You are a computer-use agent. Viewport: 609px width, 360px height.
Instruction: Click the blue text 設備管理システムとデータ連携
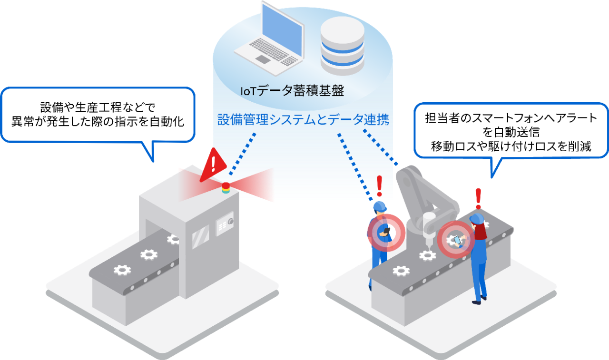(x=303, y=119)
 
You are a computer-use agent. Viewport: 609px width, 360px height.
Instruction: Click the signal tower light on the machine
(x=226, y=187)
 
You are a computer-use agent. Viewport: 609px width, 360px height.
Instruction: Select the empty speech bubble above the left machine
(x=98, y=115)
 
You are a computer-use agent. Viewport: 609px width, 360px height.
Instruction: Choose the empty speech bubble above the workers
(x=511, y=130)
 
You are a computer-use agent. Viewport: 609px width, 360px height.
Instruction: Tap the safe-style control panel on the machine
(x=224, y=225)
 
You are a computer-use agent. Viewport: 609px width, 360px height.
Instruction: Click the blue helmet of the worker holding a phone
(x=379, y=207)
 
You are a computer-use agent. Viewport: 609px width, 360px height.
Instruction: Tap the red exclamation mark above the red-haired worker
(x=478, y=198)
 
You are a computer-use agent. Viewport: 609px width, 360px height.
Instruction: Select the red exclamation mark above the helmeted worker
(x=379, y=186)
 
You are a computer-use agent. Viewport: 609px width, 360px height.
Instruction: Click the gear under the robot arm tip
(x=427, y=255)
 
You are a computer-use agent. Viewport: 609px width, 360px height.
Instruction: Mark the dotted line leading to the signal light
(x=243, y=154)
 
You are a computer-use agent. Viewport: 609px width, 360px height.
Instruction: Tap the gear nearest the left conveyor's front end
(x=122, y=270)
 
